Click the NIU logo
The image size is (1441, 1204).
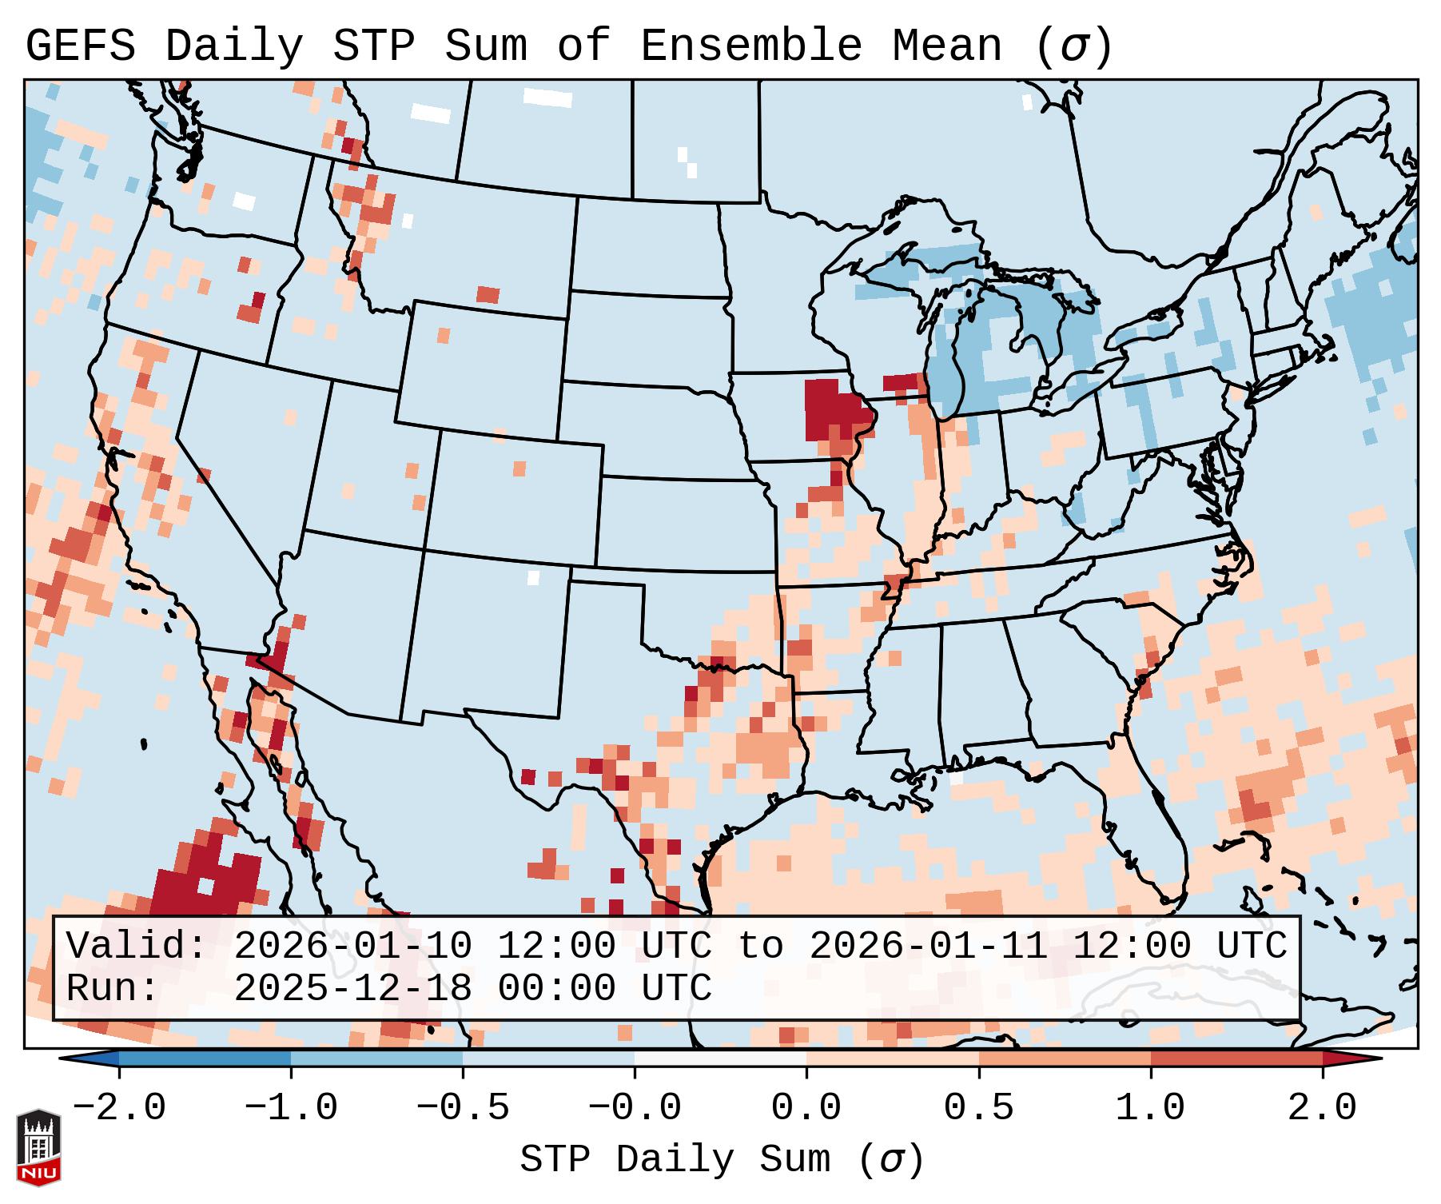38,1147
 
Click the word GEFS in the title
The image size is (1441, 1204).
80,46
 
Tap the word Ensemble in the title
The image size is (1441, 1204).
750,46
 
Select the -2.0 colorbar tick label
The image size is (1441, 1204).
119,1108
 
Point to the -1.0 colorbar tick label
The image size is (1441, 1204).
291,1108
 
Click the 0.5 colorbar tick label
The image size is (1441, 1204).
978,1108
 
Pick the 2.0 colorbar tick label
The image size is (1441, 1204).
1322,1108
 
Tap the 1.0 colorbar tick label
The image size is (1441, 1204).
1150,1108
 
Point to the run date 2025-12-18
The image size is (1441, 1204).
352,988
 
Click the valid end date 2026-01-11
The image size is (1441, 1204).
928,946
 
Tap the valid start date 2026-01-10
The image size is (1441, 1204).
352,946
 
